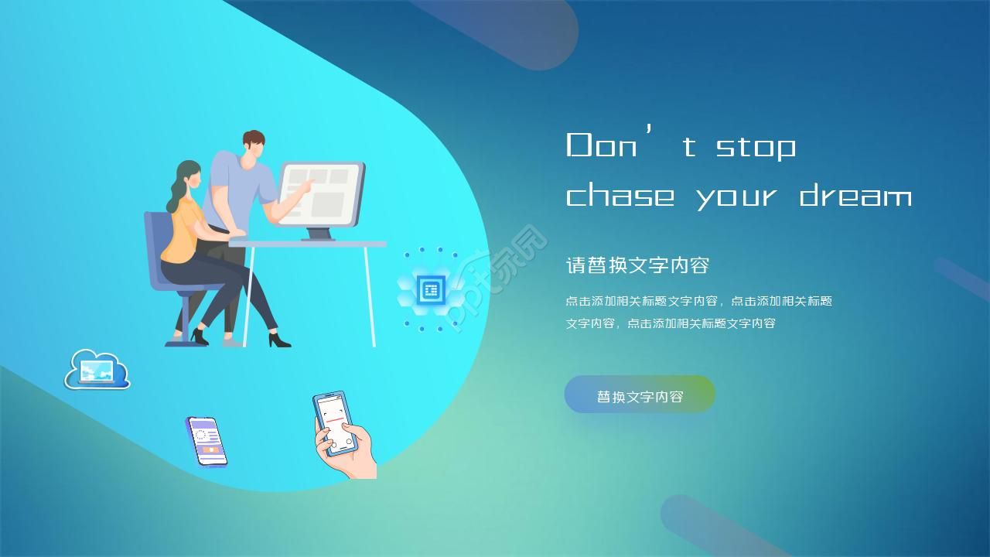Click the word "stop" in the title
click(x=756, y=147)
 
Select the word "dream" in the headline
click(x=855, y=196)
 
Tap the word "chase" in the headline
click(x=620, y=196)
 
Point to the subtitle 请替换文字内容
click(x=637, y=265)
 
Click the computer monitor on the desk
click(x=321, y=193)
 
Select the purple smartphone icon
click(x=207, y=441)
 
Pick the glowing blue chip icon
click(x=430, y=290)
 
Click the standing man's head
click(x=253, y=145)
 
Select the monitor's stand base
click(x=318, y=237)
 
